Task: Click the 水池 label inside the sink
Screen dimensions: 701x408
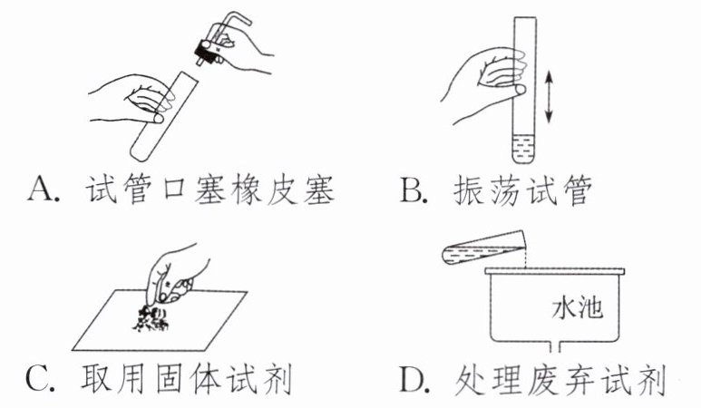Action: pyautogui.click(x=578, y=308)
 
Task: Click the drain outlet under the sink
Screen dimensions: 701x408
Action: pyautogui.click(x=555, y=349)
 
